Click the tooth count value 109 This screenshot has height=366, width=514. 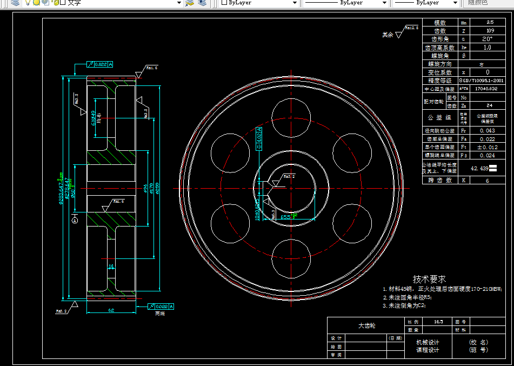click(x=489, y=31)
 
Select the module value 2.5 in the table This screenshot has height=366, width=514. click(x=489, y=23)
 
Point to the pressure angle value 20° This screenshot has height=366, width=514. click(x=488, y=39)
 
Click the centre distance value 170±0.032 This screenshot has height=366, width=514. click(x=485, y=88)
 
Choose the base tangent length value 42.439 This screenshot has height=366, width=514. click(x=479, y=168)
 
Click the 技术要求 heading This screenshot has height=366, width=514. click(x=429, y=279)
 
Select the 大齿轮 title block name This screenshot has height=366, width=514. click(x=366, y=325)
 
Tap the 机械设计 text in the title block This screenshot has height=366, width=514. click(x=427, y=342)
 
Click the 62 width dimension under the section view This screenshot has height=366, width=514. click(x=110, y=310)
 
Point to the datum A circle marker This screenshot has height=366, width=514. click(x=75, y=221)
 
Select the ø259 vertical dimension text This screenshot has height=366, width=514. click(x=157, y=187)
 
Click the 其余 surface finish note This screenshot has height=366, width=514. click(x=388, y=35)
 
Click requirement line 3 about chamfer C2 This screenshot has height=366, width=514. click(x=404, y=305)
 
